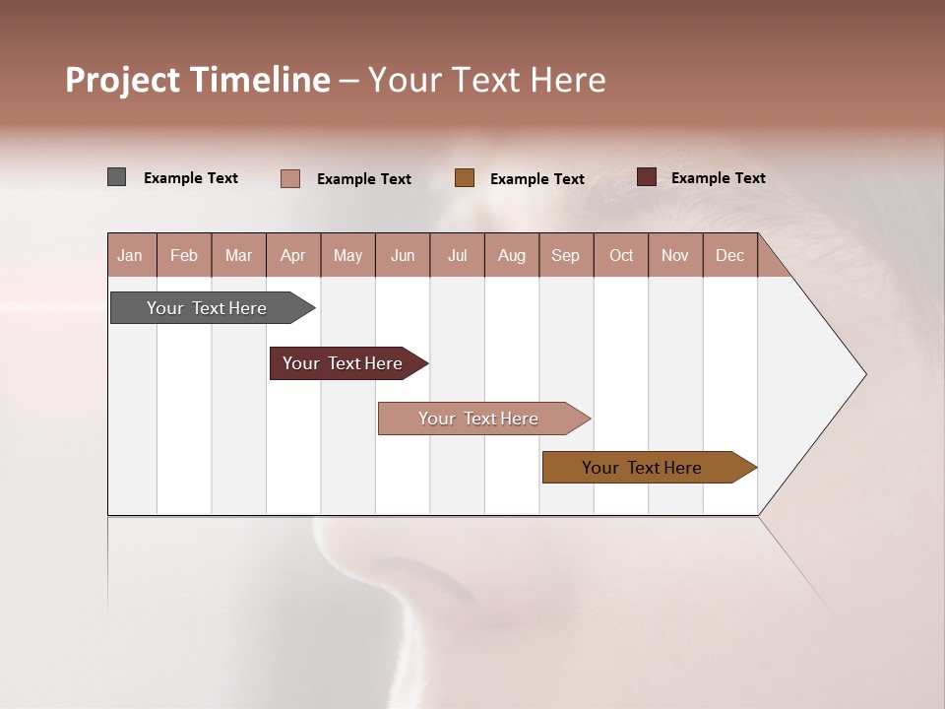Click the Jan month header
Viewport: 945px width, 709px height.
pyautogui.click(x=130, y=255)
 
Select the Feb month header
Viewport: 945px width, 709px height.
pyautogui.click(x=184, y=255)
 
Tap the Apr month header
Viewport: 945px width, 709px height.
pyautogui.click(x=292, y=255)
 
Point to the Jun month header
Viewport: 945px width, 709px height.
pyautogui.click(x=403, y=255)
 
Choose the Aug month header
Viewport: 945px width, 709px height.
pyautogui.click(x=511, y=255)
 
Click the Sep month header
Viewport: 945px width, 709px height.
pyautogui.click(x=565, y=255)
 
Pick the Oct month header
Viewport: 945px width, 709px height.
pyautogui.click(x=621, y=255)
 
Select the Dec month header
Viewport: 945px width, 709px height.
pyautogui.click(x=729, y=255)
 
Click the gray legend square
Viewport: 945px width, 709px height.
pyautogui.click(x=116, y=177)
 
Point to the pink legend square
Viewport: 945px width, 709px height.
pyautogui.click(x=290, y=178)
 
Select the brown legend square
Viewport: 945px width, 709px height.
pyautogui.click(x=465, y=178)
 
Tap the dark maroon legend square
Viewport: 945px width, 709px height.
pyautogui.click(x=647, y=177)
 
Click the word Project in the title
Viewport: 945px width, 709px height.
pyautogui.click(x=123, y=81)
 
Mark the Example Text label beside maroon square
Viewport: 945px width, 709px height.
pyautogui.click(x=718, y=178)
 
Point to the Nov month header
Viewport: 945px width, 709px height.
pyautogui.click(x=674, y=255)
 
